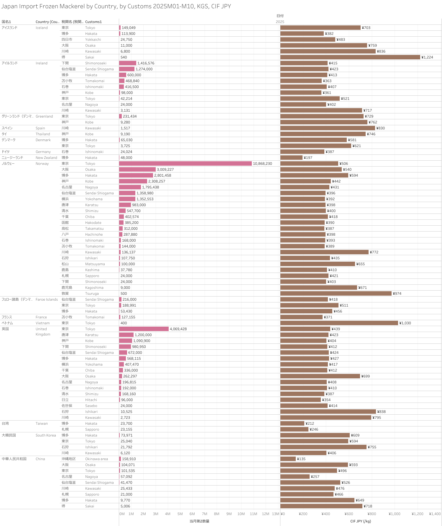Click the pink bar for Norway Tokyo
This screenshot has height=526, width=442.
coord(185,164)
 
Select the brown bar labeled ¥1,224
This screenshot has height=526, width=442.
coord(350,57)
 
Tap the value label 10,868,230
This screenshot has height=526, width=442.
coord(262,164)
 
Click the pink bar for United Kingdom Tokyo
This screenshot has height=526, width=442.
coord(144,329)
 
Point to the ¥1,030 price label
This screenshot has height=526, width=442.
coord(405,323)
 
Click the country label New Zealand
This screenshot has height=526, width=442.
coord(46,158)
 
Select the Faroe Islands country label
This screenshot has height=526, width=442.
coord(47,299)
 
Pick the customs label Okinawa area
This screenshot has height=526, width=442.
coord(96,459)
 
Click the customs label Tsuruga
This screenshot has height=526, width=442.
coord(92,294)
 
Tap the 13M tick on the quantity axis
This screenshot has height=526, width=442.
coord(275,514)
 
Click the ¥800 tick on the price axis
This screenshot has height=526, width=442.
coord(372,514)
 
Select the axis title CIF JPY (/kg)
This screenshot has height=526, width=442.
coord(360,521)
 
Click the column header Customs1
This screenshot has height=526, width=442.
coord(93,22)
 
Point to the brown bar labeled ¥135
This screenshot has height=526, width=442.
coord(288,459)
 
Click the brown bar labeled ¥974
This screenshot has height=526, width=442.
coord(336,294)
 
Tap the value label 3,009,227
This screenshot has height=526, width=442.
coord(165,170)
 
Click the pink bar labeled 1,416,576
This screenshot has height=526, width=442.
coord(127,63)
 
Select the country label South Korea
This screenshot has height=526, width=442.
coord(46,435)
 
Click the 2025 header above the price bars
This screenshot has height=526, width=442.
coord(280,22)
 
